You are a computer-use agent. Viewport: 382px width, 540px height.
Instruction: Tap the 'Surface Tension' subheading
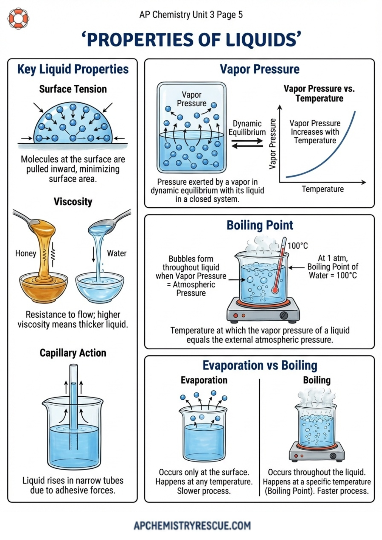coord(73,89)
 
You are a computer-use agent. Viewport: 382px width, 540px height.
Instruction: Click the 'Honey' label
coord(26,253)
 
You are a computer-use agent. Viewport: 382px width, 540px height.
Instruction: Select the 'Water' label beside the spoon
coord(117,253)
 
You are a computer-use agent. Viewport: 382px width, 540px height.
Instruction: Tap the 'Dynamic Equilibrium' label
coord(247,128)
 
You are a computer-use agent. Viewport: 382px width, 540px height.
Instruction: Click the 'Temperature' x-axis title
coord(323,189)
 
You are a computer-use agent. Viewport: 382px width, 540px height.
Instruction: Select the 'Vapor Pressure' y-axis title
coord(273,144)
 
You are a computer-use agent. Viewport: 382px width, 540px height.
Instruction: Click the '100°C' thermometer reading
coord(297,246)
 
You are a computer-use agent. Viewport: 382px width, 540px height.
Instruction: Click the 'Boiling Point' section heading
coord(260,225)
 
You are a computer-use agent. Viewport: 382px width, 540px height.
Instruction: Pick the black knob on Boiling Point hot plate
coord(284,315)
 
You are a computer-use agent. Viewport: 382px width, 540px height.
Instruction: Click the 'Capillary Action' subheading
coord(73,353)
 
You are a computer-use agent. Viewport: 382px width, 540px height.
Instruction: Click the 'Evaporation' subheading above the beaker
coord(204,380)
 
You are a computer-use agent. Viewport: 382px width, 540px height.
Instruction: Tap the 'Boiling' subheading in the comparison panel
coord(317,380)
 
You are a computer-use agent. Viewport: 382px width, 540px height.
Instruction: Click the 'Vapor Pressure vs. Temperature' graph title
coord(319,93)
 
